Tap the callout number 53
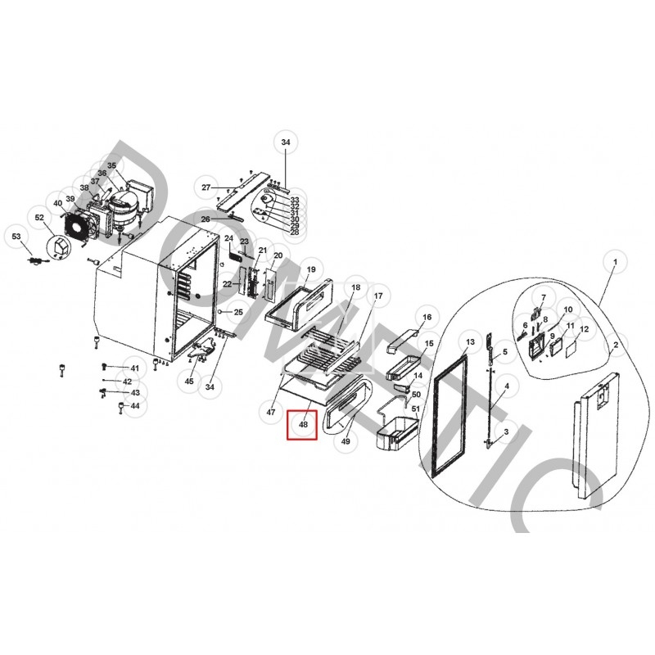(x=16, y=237)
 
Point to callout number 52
(x=38, y=217)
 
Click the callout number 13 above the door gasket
(x=469, y=341)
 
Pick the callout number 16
(x=426, y=317)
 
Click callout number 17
(x=378, y=295)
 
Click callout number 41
(x=135, y=368)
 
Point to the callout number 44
(x=135, y=405)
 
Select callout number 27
(x=206, y=187)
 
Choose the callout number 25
(x=238, y=312)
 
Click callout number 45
(x=189, y=381)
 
